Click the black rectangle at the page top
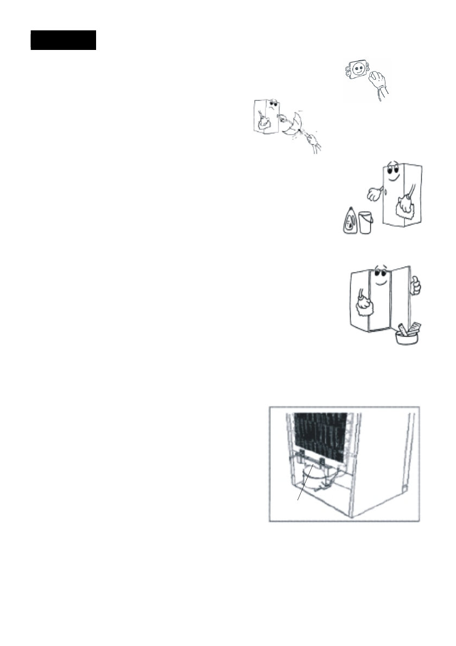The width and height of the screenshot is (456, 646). point(63,40)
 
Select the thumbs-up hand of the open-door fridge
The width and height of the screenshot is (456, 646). point(416,284)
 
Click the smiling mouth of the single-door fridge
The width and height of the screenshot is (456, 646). point(395,178)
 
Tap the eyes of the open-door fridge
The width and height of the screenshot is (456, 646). point(381,275)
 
